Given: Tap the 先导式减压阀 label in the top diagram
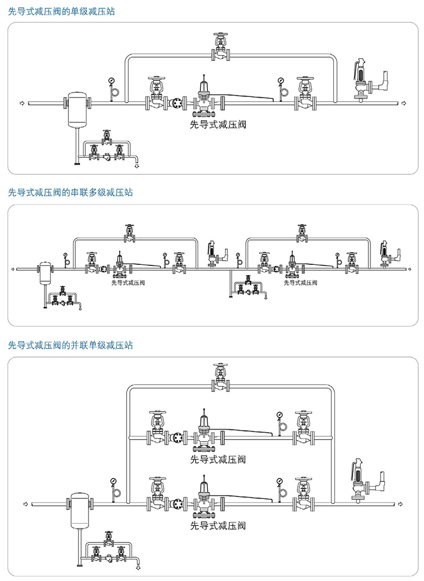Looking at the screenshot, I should tap(218, 126).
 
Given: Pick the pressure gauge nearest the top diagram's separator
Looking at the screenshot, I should tap(111, 86).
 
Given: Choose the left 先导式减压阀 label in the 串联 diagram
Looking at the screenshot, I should tap(128, 283).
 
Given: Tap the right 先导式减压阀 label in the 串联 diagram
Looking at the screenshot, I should tap(301, 283).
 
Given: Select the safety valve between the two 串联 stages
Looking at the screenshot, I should tap(215, 253).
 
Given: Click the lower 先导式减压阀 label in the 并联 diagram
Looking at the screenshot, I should tap(218, 526).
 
